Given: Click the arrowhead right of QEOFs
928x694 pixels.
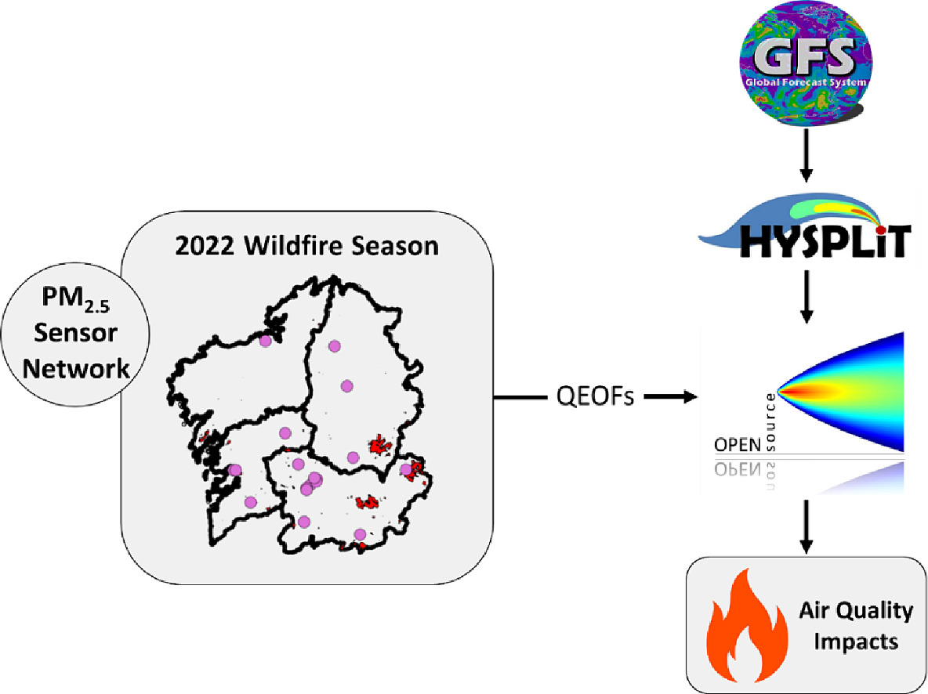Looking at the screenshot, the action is click(x=689, y=397).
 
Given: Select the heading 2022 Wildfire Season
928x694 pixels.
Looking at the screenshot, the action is click(x=307, y=246).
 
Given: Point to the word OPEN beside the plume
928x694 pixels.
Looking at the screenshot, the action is click(x=737, y=445).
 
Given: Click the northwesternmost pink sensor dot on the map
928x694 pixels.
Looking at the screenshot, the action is click(x=266, y=342).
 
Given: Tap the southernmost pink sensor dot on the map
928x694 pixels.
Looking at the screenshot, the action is click(x=360, y=534).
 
